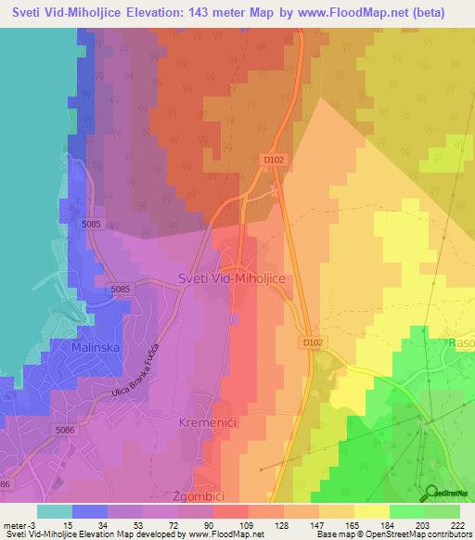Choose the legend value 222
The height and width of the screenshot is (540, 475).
click(457, 524)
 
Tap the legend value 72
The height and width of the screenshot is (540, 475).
click(171, 524)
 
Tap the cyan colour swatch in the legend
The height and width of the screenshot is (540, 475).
click(54, 511)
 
